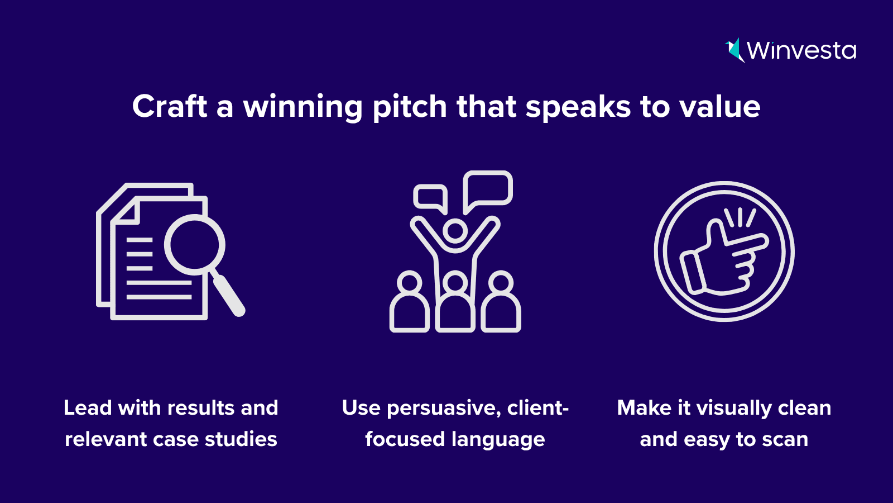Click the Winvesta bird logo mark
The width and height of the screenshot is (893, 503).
click(x=734, y=50)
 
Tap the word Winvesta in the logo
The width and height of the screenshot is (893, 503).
click(x=801, y=51)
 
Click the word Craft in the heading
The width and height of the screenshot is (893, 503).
click(x=170, y=106)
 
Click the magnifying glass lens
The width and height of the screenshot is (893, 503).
click(x=195, y=245)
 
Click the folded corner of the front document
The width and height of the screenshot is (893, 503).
click(x=127, y=212)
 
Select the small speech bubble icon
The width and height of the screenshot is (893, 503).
click(x=430, y=199)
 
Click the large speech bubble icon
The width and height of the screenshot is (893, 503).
click(x=488, y=192)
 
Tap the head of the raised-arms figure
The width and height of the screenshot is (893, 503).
click(x=455, y=231)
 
